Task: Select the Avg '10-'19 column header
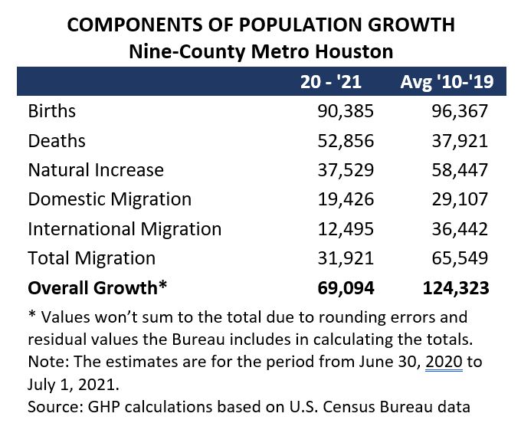point(444,82)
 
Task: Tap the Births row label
point(52,111)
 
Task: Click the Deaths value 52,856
point(346,140)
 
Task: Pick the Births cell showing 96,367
point(460,111)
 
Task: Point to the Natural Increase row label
point(96,169)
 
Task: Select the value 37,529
point(346,169)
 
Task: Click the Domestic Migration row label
point(110,199)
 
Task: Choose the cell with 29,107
point(460,199)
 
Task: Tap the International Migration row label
point(124,228)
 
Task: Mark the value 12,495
point(346,228)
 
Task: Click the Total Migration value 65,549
point(460,258)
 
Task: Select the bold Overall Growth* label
point(97,287)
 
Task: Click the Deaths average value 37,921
point(460,140)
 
